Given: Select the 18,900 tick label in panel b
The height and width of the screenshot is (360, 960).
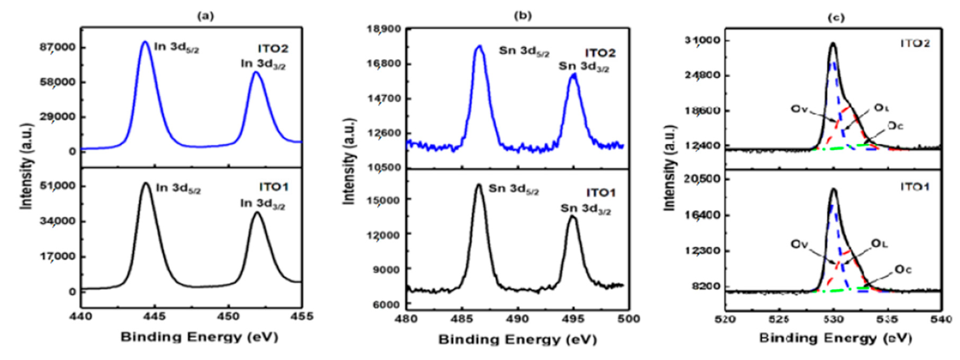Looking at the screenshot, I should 385,29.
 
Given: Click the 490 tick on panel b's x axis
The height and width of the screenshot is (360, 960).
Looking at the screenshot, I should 518,319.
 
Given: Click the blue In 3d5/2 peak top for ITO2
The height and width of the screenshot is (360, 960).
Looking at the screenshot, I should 145,42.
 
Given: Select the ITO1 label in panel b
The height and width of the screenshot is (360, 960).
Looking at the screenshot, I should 601,193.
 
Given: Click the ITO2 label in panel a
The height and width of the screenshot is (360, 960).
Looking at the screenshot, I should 273,48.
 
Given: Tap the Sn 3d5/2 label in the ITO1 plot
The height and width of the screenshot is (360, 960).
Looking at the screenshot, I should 514,189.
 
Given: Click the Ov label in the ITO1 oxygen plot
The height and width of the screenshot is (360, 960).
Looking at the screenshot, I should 799,245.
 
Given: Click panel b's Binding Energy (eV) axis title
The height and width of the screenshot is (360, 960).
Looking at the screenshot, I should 517,340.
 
